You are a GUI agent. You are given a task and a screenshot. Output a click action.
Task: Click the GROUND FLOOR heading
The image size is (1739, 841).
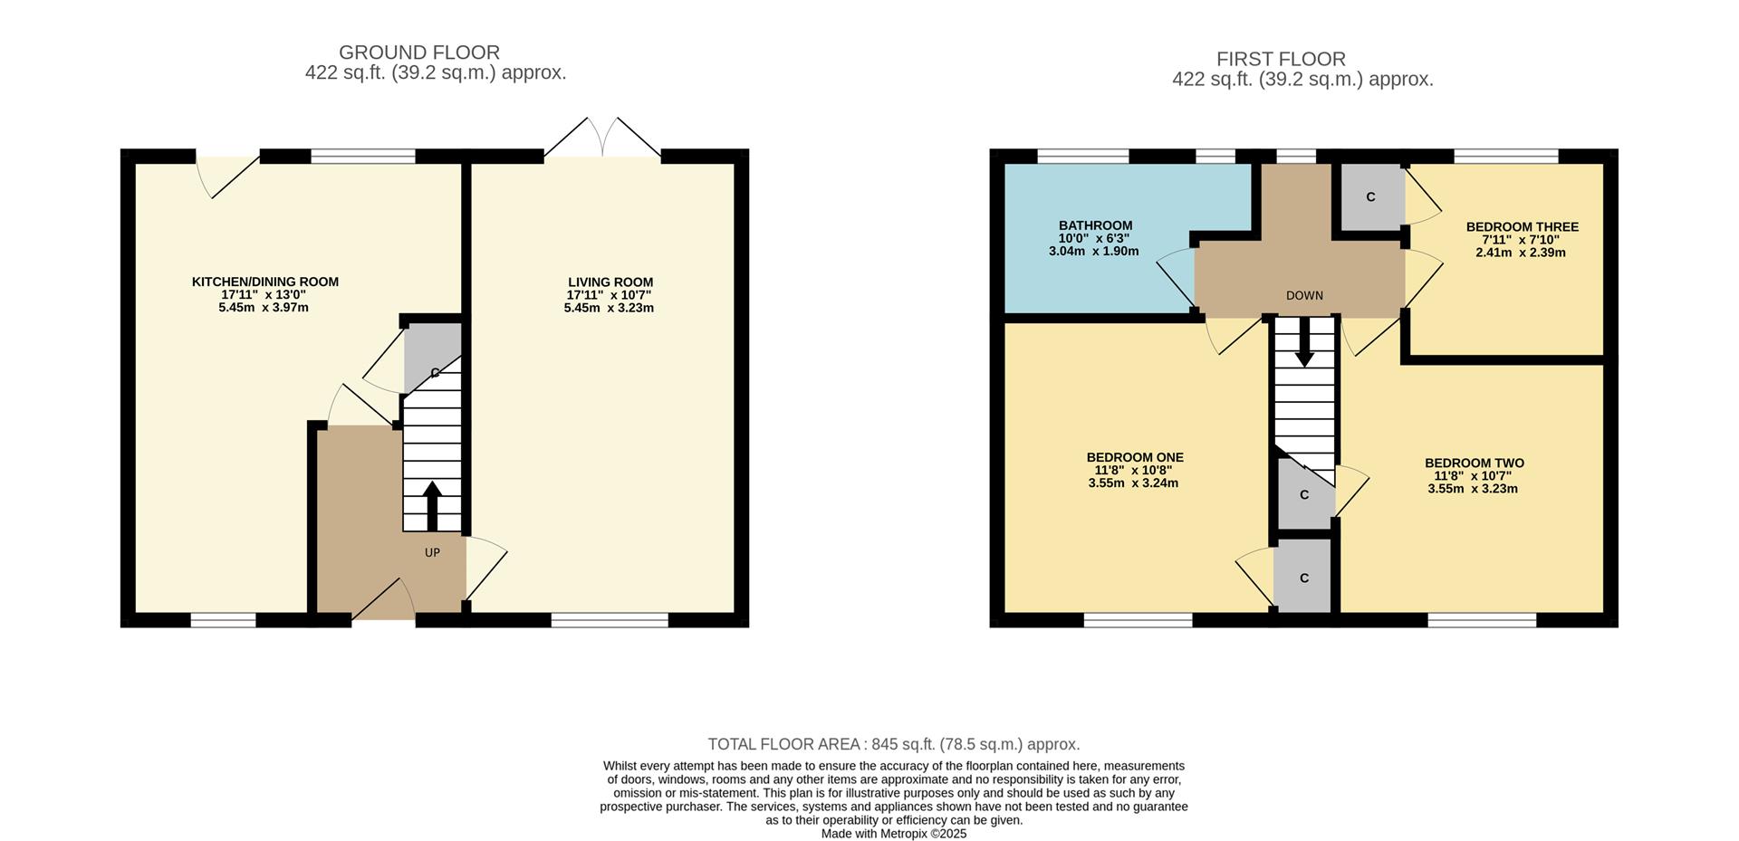point(418,53)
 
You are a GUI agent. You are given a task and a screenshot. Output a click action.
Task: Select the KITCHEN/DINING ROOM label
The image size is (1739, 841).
point(264,282)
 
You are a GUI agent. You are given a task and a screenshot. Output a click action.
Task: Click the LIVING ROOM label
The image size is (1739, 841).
point(610,282)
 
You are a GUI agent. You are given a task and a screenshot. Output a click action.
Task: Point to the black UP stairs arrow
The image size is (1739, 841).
point(432,505)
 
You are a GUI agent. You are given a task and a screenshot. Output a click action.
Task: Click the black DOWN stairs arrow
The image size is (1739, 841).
point(1303,344)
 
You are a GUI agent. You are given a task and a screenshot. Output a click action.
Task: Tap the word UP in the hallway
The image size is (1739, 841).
point(432,552)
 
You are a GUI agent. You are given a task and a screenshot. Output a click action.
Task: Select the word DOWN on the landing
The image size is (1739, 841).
point(1303,296)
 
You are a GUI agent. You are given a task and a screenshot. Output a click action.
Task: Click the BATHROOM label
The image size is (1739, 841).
point(1095,225)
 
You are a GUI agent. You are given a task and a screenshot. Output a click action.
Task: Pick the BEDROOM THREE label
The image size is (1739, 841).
point(1522,227)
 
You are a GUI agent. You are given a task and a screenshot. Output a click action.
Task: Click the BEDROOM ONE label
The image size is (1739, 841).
point(1134,457)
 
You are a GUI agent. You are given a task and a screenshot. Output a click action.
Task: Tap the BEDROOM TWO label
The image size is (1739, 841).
point(1474,463)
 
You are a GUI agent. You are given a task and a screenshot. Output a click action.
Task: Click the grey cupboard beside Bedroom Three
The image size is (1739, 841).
point(1370,196)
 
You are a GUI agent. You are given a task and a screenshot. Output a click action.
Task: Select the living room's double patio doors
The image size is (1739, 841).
point(602,139)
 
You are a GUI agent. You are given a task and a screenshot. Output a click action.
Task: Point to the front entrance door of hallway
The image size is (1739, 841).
point(383,601)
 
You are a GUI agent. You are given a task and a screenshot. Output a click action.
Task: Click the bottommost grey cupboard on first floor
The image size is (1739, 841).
point(1303,577)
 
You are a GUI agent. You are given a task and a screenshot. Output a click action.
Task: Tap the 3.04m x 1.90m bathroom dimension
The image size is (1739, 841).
point(1093,251)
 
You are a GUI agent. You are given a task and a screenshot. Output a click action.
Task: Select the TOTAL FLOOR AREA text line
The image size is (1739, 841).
point(893,744)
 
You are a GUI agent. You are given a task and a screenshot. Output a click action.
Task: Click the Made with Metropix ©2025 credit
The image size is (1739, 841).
point(893,834)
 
